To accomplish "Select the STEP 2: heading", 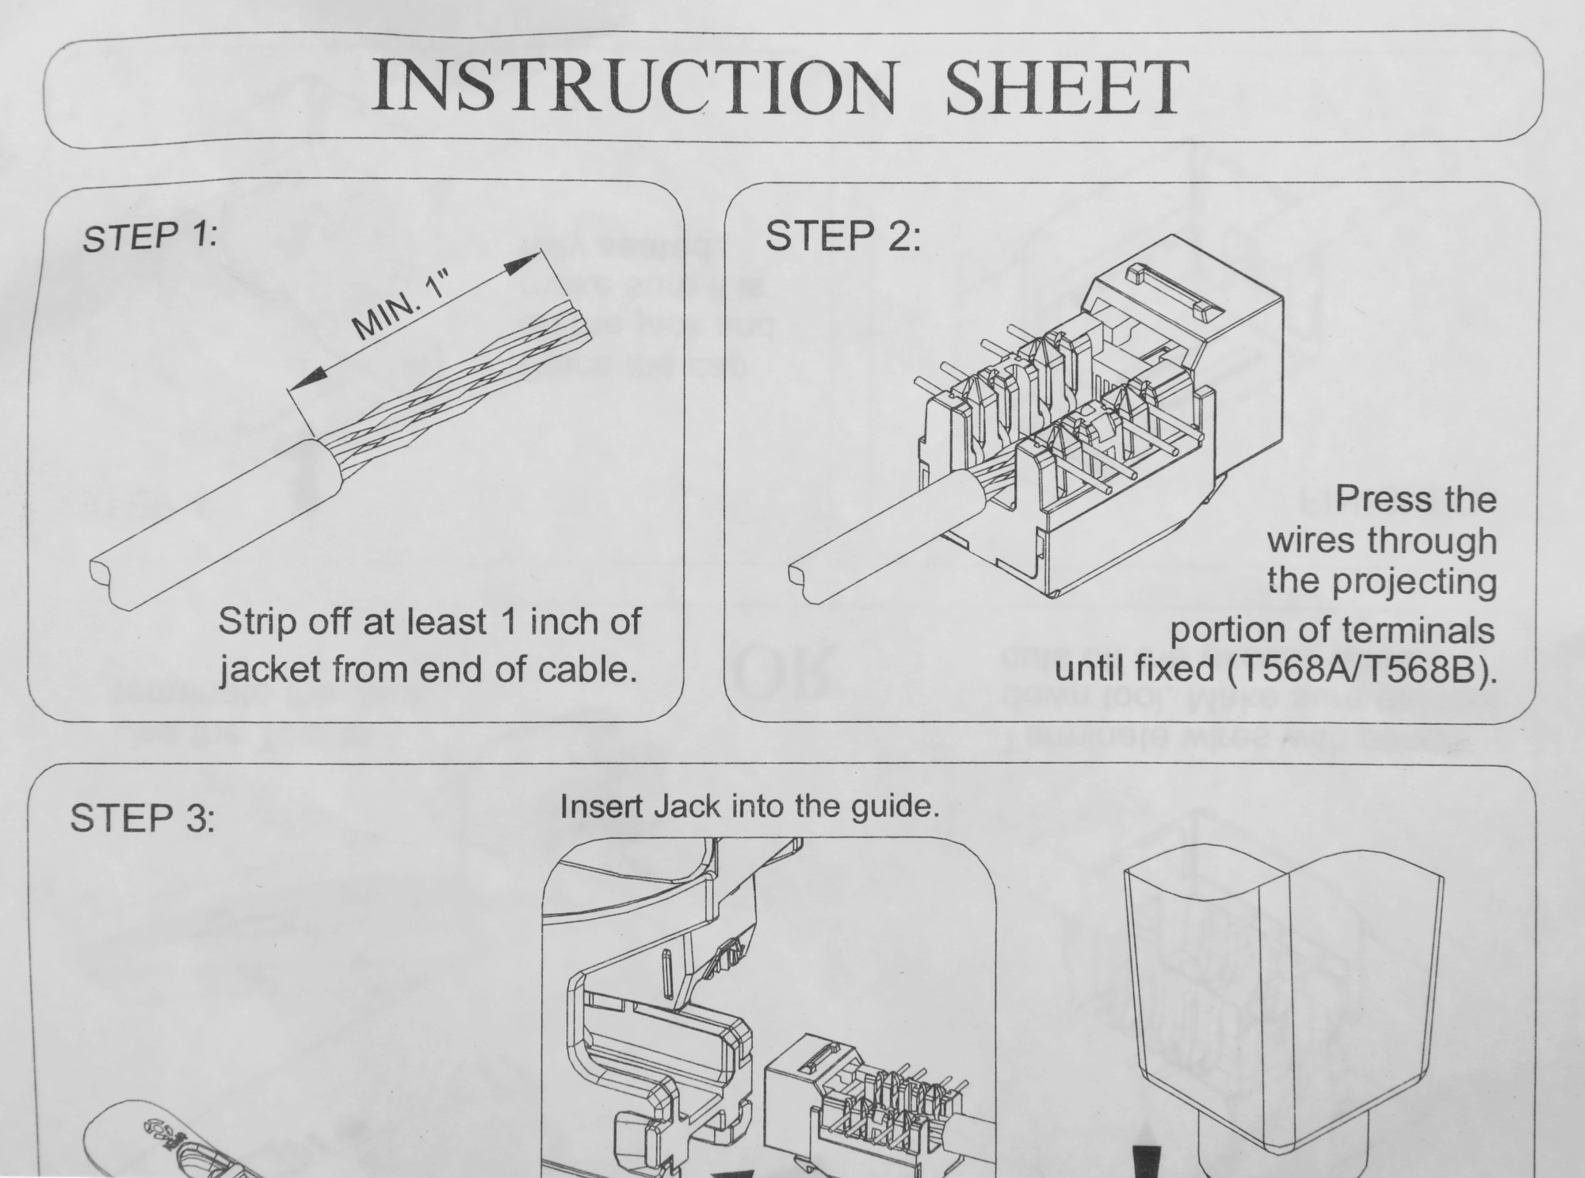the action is click(x=843, y=235).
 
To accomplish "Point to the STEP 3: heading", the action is click(x=143, y=818).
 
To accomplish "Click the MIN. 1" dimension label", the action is click(x=400, y=305).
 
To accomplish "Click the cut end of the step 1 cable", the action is click(x=110, y=583).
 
